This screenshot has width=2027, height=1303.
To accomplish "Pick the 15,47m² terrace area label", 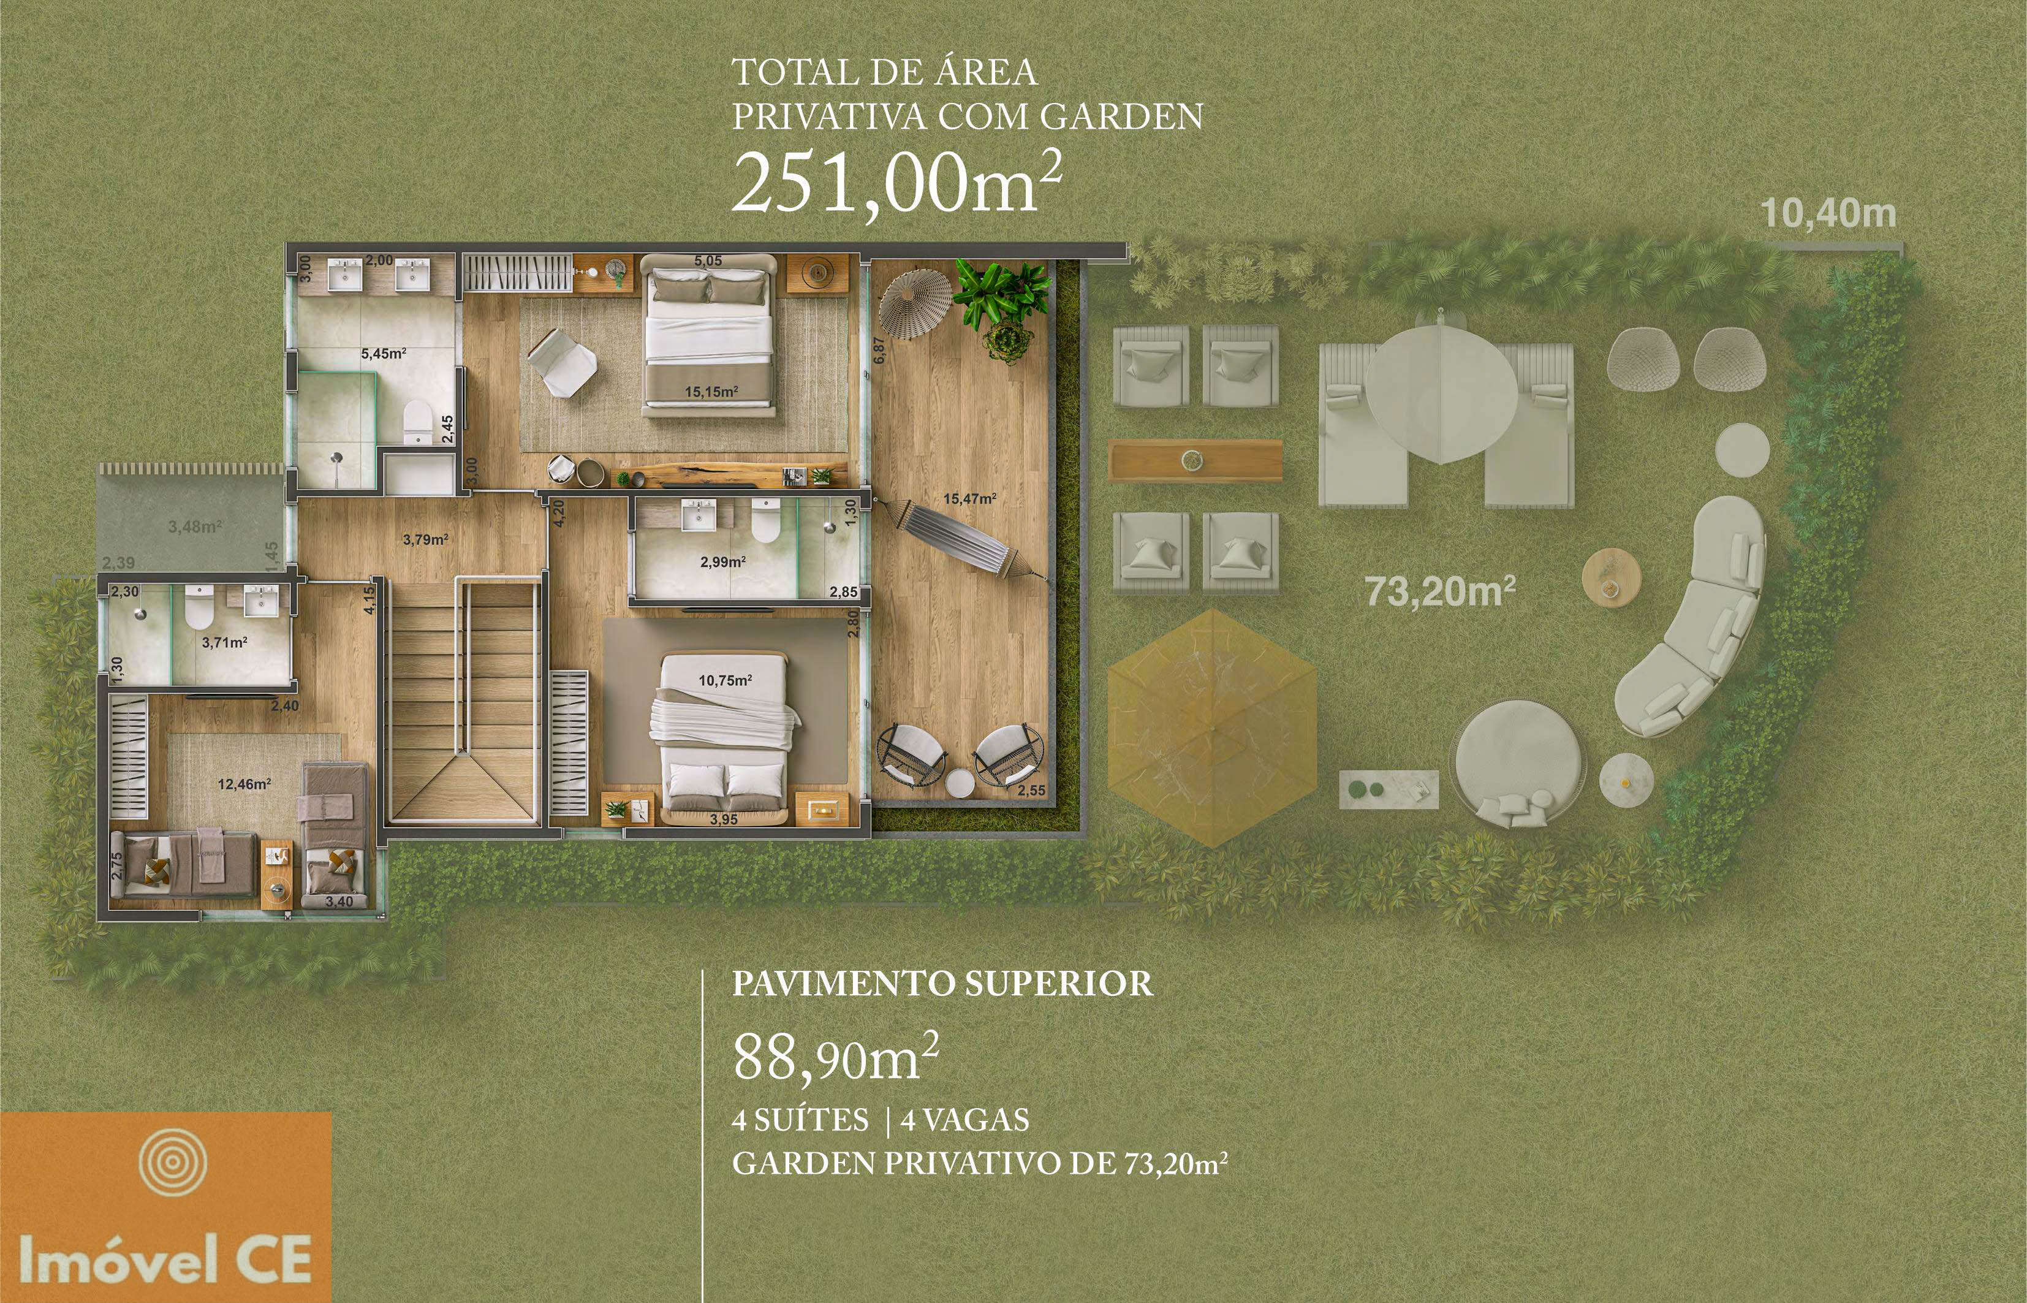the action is [x=969, y=500].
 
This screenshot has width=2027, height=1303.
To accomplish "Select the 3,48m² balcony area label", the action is [x=195, y=526].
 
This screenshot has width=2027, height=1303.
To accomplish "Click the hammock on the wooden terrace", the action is [x=964, y=539].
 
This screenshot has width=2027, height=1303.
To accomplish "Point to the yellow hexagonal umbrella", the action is [x=1212, y=727].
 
